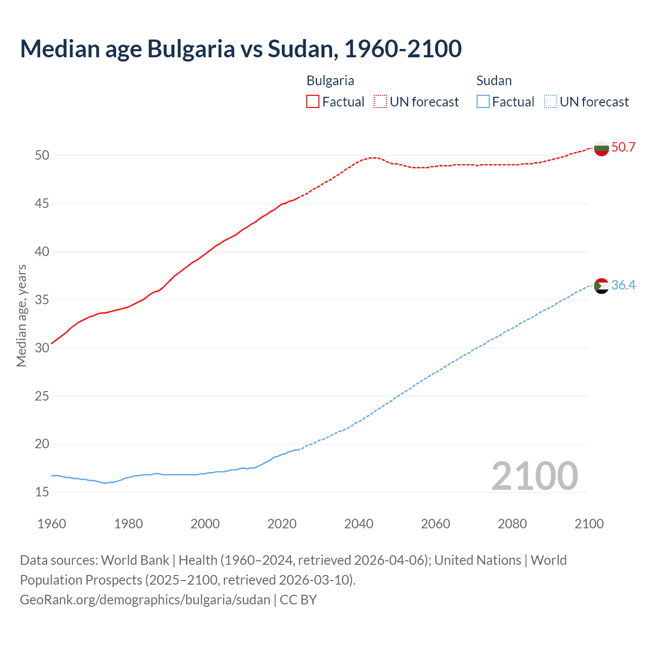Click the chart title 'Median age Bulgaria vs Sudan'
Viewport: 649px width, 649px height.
(241, 49)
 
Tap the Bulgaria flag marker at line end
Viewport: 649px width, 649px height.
(601, 148)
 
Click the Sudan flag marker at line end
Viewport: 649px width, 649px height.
(601, 286)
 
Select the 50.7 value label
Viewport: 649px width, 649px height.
(623, 148)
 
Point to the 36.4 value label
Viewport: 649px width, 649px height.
(623, 285)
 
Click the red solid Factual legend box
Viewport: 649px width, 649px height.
(313, 102)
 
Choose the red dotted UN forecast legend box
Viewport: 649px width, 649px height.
(380, 102)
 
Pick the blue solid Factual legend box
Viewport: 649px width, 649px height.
(483, 102)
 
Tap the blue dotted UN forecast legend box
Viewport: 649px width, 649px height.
(550, 102)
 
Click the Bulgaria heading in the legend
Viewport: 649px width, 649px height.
(330, 81)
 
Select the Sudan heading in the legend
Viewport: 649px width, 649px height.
(494, 81)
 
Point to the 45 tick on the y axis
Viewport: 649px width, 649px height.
(42, 204)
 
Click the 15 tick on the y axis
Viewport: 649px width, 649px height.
(42, 492)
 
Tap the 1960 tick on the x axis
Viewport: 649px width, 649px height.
(52, 524)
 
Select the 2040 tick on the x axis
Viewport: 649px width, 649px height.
(358, 524)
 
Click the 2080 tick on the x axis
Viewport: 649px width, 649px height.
(512, 524)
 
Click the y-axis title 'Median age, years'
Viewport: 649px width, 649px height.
(21, 315)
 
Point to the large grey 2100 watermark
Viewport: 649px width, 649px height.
(535, 476)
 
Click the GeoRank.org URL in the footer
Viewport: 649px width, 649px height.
(145, 600)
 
